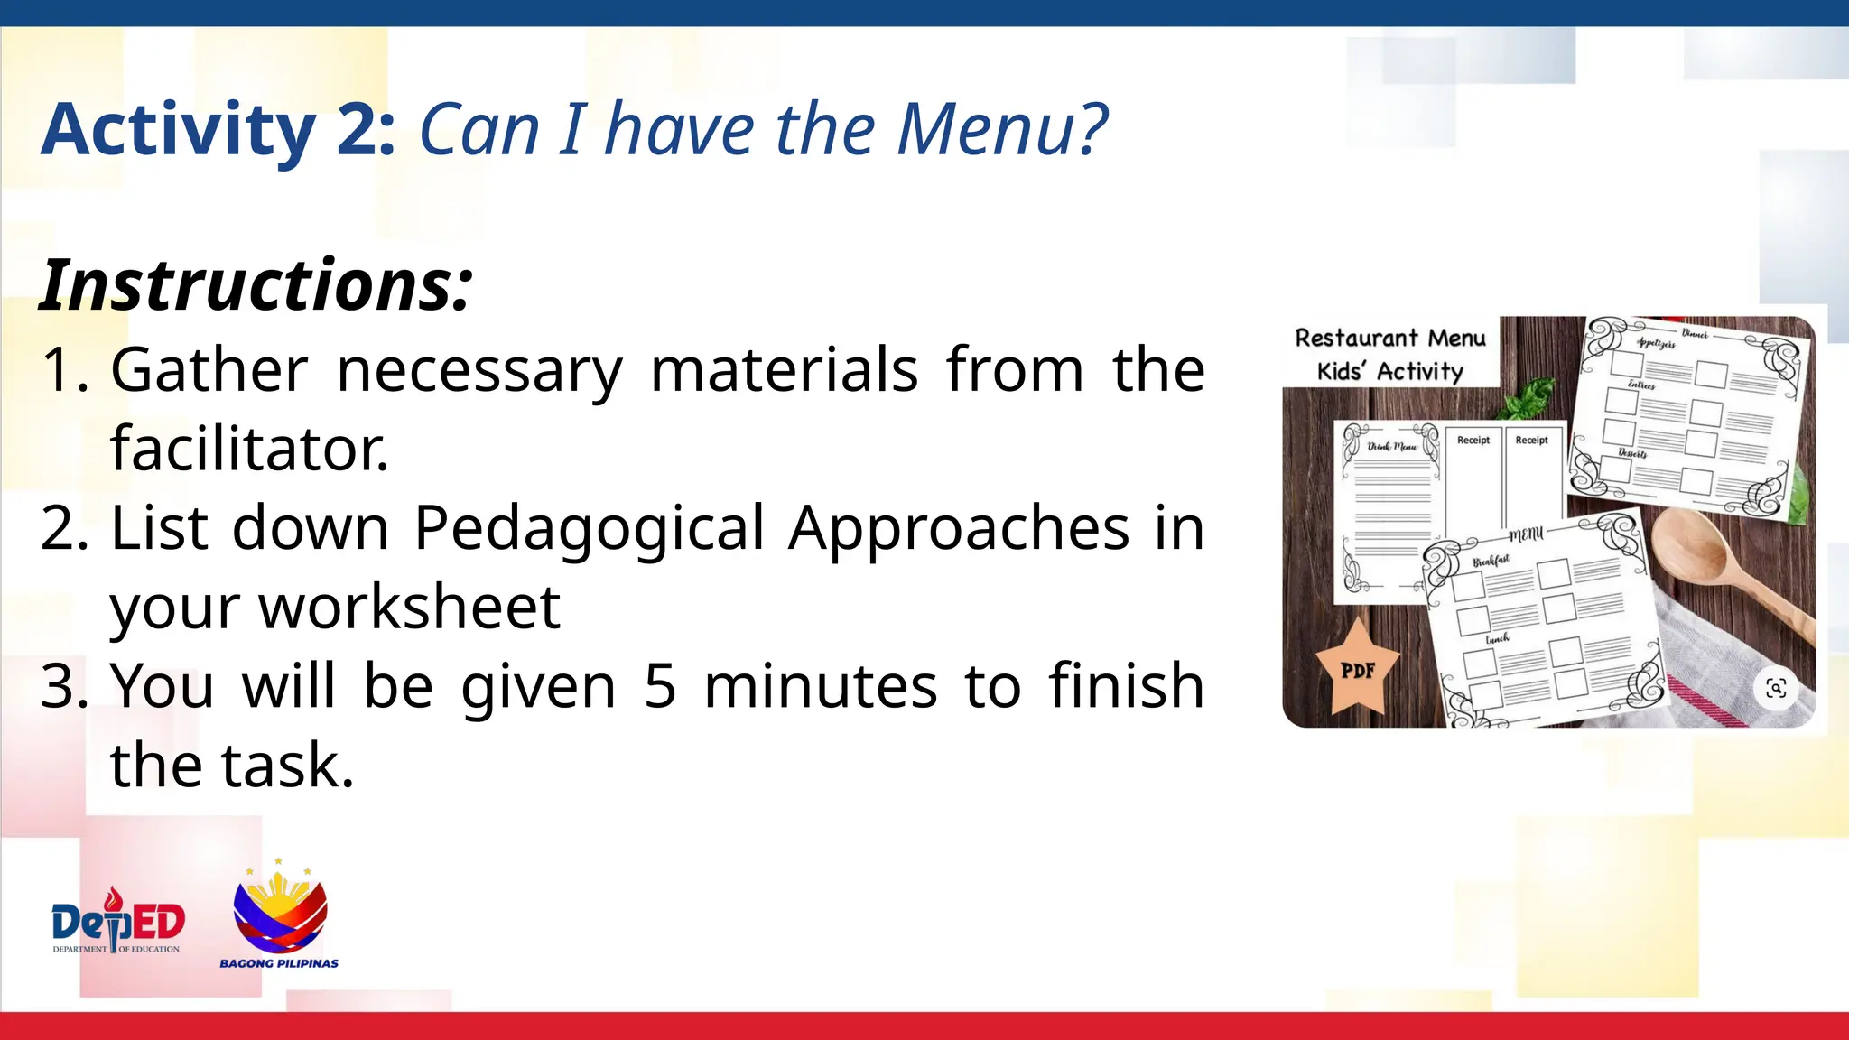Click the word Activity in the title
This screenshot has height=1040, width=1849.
(x=178, y=131)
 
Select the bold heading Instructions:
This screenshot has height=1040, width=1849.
(x=256, y=286)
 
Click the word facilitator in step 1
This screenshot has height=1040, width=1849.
(x=248, y=449)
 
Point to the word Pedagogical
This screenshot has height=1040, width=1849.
(x=590, y=528)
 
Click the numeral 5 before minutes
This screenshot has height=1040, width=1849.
(x=660, y=686)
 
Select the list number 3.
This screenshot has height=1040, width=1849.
(x=63, y=686)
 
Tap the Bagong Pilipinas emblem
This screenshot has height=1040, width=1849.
(x=280, y=916)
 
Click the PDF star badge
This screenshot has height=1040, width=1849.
(x=1357, y=669)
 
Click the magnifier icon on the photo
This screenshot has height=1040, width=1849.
(x=1776, y=689)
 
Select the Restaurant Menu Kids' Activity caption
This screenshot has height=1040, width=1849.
(x=1390, y=354)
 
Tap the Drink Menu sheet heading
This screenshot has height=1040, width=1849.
(x=1391, y=447)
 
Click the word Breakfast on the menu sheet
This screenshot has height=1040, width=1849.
(x=1491, y=562)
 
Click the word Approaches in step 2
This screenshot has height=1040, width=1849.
(x=959, y=528)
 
